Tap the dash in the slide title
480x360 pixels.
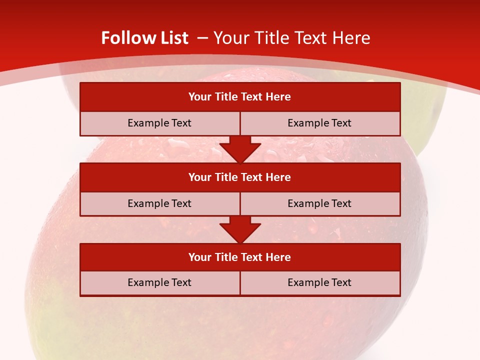click(202, 38)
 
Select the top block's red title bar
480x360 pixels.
click(240, 97)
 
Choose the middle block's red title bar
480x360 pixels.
click(240, 177)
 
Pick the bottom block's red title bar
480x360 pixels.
click(240, 257)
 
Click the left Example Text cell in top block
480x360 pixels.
click(160, 123)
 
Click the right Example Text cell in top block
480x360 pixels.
click(320, 123)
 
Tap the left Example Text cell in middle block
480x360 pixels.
click(160, 203)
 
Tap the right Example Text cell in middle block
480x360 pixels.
click(320, 203)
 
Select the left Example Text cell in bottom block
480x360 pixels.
click(160, 282)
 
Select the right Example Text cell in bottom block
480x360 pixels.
click(320, 282)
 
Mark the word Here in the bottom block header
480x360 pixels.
click(278, 257)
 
